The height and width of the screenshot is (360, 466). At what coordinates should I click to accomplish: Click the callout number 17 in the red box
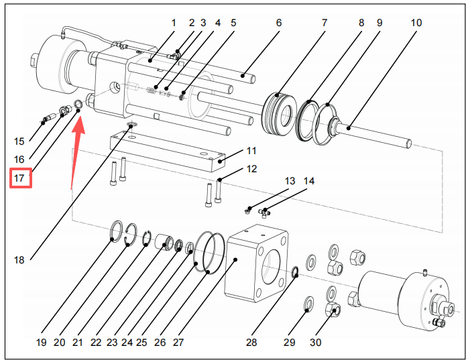[x=19, y=179]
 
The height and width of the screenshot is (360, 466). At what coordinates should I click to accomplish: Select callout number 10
[x=416, y=23]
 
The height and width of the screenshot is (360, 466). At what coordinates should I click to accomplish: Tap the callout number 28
[x=251, y=343]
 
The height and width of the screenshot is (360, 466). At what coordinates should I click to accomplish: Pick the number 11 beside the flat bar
[x=251, y=150]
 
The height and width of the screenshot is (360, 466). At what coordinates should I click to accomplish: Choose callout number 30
[x=315, y=343]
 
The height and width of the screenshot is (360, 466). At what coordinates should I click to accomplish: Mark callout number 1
[x=173, y=23]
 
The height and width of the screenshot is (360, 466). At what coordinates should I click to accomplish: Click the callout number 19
[x=42, y=343]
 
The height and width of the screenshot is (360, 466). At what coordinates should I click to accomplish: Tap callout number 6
[x=278, y=23]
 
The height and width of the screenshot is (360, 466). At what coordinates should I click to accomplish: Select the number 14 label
[x=308, y=181]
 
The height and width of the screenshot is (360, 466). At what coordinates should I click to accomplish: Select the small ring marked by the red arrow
[x=78, y=103]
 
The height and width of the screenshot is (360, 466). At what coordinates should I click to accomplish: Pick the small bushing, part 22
[x=164, y=242]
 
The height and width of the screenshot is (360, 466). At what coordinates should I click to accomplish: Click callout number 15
[x=19, y=141]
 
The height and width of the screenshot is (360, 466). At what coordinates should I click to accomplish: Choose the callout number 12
[x=251, y=168]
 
